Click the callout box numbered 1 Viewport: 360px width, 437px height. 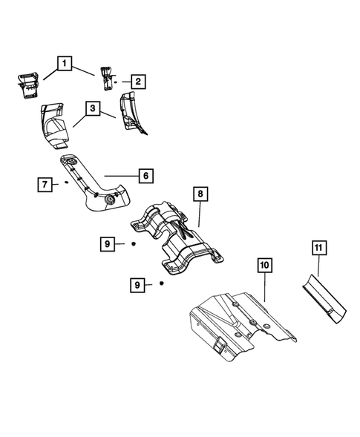click(x=67, y=65)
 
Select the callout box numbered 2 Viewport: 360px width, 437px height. click(x=139, y=82)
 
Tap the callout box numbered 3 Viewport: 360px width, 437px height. click(x=94, y=108)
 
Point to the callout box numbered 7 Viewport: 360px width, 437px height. click(x=46, y=184)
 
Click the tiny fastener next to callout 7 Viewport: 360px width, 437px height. click(x=67, y=180)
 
